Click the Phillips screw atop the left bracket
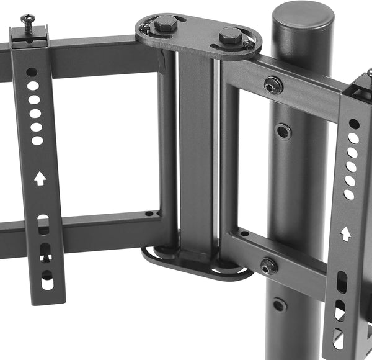coord(28,20)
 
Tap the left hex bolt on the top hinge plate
coord(166,25)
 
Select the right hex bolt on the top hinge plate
coord(230,35)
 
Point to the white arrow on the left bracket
coord(40,179)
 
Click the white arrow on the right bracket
coord(345,234)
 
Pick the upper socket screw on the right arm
coord(273,86)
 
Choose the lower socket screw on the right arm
coord(268,266)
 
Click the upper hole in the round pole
coord(283,131)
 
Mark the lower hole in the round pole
coord(280,305)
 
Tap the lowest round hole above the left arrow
coord(37,140)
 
